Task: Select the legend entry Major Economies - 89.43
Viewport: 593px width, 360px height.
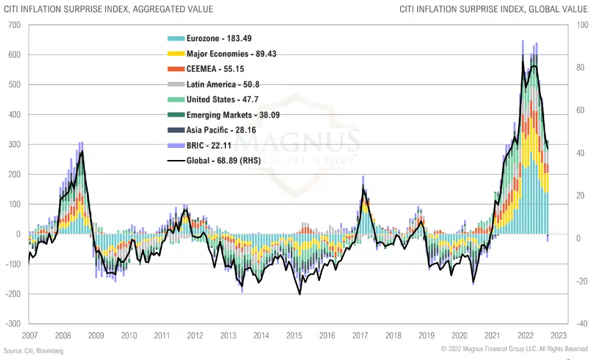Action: point(231,54)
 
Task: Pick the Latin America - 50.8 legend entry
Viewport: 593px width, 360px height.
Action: point(223,84)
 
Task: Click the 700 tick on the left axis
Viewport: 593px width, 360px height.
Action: point(14,25)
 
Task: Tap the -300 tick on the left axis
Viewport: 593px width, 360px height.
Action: point(12,323)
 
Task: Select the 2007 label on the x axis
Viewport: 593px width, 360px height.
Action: point(29,335)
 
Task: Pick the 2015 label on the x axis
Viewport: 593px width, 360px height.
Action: point(294,335)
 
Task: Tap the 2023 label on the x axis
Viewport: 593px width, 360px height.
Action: point(558,335)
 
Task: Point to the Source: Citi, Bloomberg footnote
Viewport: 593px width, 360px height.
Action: point(34,350)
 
